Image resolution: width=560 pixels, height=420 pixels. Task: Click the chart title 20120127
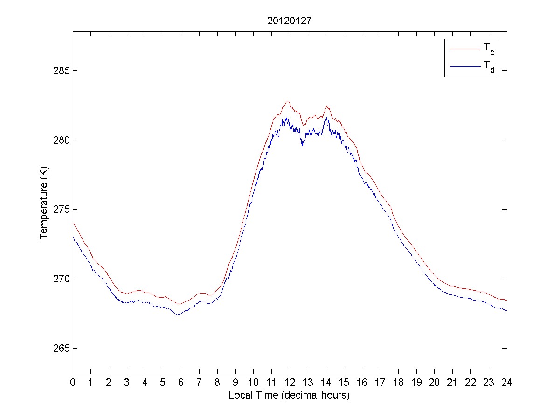click(x=290, y=21)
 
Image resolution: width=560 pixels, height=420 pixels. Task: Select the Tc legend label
click(x=489, y=49)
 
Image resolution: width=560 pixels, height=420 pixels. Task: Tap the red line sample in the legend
click(x=465, y=49)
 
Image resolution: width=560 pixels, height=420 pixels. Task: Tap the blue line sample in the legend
click(x=465, y=67)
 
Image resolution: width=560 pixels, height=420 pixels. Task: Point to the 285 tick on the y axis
click(x=62, y=71)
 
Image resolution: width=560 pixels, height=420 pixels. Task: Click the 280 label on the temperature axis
click(x=62, y=140)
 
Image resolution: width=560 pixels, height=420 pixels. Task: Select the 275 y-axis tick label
click(x=62, y=210)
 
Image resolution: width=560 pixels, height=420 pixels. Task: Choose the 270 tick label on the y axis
click(x=62, y=279)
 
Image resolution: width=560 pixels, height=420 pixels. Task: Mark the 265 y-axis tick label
click(x=62, y=348)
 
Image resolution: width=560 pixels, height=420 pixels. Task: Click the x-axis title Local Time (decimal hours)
click(x=290, y=395)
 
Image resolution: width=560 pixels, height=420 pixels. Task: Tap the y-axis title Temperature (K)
click(x=44, y=210)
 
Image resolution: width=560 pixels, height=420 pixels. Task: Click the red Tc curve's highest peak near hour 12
click(x=288, y=101)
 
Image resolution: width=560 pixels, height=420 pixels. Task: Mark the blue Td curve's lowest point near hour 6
click(x=178, y=315)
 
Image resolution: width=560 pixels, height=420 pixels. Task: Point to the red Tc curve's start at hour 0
click(x=73, y=223)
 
